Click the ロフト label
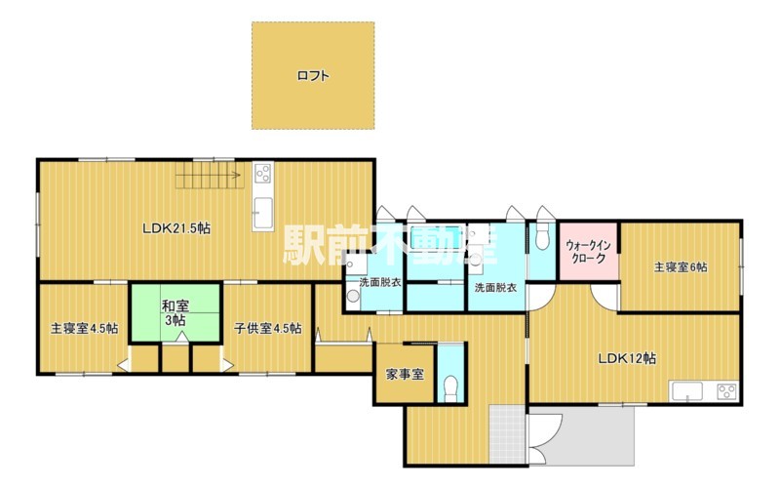tap(313, 76)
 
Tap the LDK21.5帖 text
tap(176, 228)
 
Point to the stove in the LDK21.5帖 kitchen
tap(262, 174)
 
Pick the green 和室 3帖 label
tap(175, 312)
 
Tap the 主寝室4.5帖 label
tap(84, 329)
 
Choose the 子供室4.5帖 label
tap(267, 329)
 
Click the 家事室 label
tap(405, 374)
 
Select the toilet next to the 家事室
tap(450, 387)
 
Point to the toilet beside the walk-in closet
tap(541, 237)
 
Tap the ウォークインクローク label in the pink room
tap(589, 252)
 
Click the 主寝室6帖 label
tap(681, 266)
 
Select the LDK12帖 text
tap(627, 358)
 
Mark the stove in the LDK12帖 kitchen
tap(726, 391)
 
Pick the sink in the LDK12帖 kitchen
tap(687, 391)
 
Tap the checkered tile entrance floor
tap(507, 434)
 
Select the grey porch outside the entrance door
tap(582, 436)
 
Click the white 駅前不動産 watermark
tap(391, 245)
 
